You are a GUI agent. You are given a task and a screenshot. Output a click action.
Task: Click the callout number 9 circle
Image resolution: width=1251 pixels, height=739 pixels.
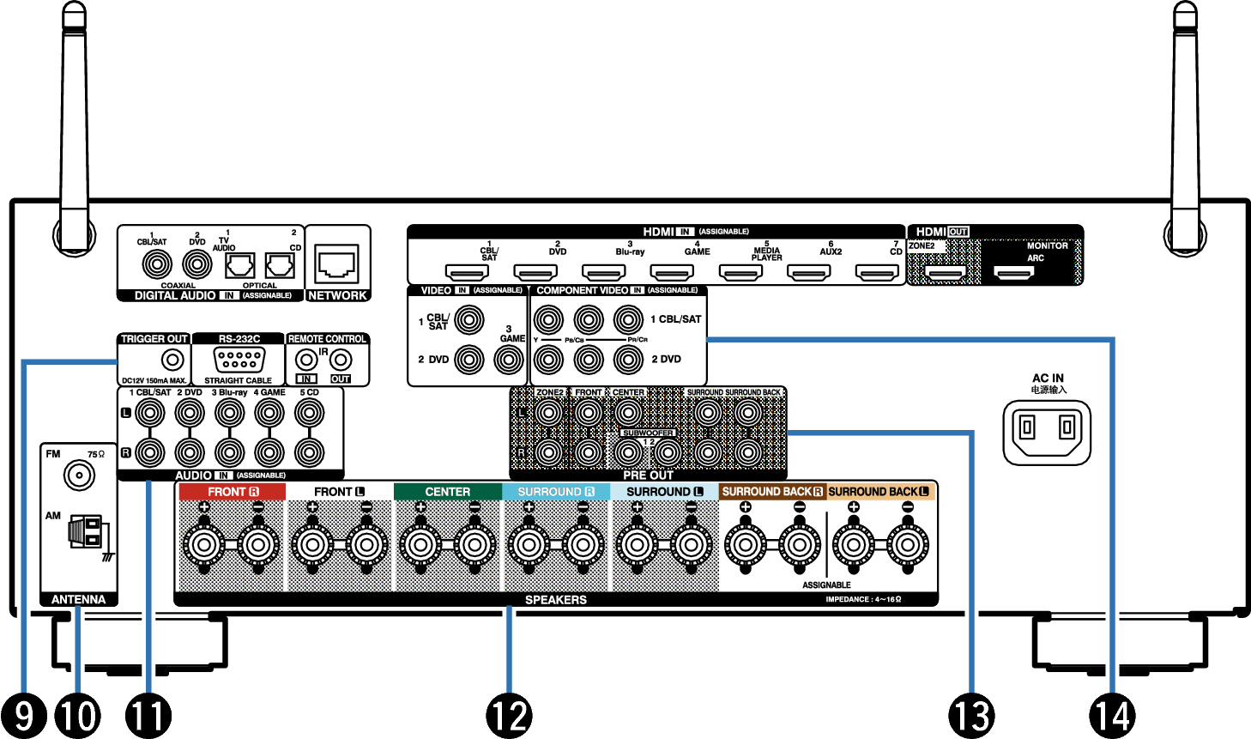click(24, 715)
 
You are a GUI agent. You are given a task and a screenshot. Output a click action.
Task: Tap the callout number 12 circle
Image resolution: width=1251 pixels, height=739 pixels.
click(509, 715)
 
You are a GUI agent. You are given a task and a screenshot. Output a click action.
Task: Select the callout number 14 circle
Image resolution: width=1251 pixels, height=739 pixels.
click(1112, 715)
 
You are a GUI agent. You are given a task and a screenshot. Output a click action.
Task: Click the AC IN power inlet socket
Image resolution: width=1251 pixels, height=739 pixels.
click(1047, 427)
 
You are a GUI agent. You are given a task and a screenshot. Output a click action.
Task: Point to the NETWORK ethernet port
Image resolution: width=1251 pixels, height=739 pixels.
click(337, 263)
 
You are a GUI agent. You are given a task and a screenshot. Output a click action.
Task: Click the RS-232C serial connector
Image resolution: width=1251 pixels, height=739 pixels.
click(239, 360)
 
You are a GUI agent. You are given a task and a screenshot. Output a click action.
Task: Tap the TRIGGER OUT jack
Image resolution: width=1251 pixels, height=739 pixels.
click(172, 360)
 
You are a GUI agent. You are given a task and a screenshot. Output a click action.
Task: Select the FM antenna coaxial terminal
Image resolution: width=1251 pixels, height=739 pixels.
click(79, 475)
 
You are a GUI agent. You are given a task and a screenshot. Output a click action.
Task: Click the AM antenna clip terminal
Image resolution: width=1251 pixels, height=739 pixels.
click(86, 532)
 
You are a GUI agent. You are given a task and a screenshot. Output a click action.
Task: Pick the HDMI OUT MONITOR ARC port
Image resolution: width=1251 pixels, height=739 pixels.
click(1013, 273)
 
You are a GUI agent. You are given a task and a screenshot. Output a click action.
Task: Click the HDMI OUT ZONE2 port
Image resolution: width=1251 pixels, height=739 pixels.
click(945, 273)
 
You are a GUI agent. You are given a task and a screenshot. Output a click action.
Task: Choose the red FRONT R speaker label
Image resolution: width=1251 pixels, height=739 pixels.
click(232, 492)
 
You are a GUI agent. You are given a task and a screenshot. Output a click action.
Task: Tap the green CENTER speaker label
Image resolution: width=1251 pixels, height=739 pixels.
click(447, 492)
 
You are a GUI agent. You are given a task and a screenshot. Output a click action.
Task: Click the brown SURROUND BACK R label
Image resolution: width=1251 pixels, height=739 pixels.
click(772, 492)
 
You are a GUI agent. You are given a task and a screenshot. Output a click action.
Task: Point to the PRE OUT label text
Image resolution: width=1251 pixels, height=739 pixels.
click(648, 475)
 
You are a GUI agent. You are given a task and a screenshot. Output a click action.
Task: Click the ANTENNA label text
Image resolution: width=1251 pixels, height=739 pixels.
click(78, 599)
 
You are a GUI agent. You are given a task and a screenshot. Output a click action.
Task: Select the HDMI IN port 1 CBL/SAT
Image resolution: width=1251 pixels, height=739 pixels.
click(467, 272)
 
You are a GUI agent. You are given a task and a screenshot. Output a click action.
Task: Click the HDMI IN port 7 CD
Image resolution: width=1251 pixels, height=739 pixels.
click(877, 272)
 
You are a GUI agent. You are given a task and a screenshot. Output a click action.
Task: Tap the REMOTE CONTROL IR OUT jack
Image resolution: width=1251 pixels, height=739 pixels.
click(341, 360)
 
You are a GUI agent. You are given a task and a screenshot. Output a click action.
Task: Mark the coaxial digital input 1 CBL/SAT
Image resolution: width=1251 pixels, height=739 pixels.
click(157, 263)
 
